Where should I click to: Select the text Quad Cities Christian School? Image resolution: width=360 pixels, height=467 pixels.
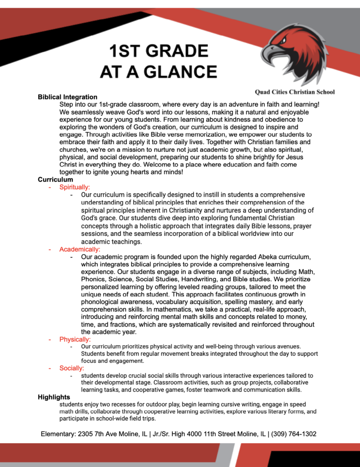295,92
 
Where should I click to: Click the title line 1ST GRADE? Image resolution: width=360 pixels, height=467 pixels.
159,51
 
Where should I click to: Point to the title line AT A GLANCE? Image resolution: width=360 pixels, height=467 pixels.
159,72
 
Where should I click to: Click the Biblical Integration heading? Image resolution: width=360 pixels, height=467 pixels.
67,97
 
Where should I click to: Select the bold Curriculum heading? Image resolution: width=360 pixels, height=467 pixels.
55,180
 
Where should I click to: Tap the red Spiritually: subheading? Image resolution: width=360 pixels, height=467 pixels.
75,187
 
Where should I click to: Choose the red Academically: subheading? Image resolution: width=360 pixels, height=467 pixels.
80,249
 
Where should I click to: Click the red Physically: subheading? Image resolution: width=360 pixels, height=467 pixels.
75,339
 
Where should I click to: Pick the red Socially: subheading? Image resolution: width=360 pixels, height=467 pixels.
72,368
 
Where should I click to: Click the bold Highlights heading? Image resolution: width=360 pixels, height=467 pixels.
54,397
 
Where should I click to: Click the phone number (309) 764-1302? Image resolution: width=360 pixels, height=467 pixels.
294,434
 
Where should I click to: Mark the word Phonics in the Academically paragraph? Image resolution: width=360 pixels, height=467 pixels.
93,279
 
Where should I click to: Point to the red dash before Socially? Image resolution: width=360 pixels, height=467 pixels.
50,368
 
